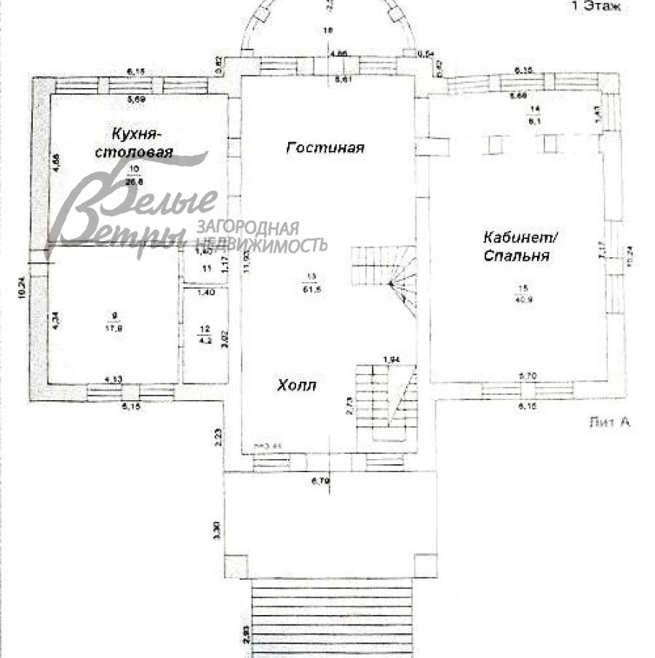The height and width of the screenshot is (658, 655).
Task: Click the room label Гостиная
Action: tap(325, 148)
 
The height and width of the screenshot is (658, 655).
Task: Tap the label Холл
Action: tap(296, 385)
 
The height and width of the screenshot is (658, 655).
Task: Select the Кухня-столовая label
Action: tap(143, 143)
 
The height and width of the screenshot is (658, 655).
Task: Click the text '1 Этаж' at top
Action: tap(595, 7)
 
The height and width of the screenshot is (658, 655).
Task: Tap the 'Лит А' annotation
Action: tap(608, 422)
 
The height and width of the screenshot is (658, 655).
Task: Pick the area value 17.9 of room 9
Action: tap(112, 327)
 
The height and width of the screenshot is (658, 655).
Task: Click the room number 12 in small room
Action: tap(205, 329)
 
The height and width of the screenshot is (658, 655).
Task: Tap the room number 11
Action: tap(206, 270)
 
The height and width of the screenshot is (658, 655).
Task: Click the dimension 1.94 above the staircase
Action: tap(392, 359)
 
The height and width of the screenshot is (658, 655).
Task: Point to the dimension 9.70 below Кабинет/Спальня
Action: tap(527, 375)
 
